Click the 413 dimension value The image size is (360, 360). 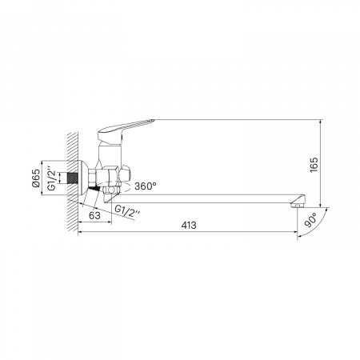pyautogui.click(x=189, y=226)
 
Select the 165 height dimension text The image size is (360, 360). pyautogui.click(x=314, y=165)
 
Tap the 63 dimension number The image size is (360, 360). pyautogui.click(x=94, y=215)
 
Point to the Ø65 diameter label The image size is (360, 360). pyautogui.click(x=36, y=178)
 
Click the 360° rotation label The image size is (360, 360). pyautogui.click(x=146, y=186)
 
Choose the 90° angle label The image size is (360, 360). pyautogui.click(x=310, y=220)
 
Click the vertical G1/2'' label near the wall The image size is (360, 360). pyautogui.click(x=52, y=178)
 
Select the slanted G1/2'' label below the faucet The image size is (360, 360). pyautogui.click(x=127, y=211)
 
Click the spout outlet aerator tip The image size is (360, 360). pyautogui.click(x=297, y=205)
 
